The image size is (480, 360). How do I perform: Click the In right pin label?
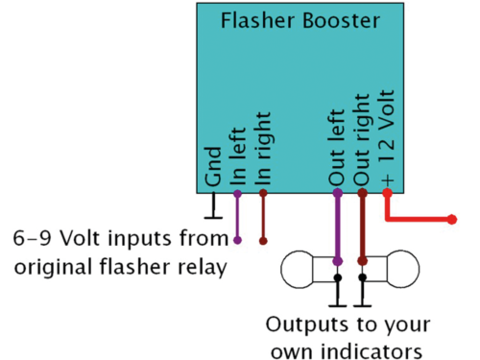tap(264, 148)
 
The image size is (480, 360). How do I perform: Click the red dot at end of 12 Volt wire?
tap(452, 220)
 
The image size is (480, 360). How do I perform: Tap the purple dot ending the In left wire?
tap(238, 240)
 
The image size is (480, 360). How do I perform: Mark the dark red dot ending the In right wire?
tap(263, 240)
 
